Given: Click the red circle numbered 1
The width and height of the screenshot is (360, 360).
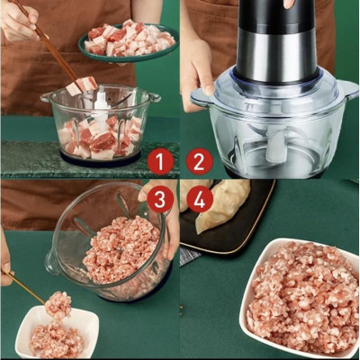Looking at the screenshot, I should (159, 162).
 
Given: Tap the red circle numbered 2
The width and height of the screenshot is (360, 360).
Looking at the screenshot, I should (200, 162).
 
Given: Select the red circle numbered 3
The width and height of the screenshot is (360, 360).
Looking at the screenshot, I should (159, 199).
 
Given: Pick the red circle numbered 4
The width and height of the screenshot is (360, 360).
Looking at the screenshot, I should (200, 199).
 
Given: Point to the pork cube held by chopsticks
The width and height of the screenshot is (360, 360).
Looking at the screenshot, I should (86, 85).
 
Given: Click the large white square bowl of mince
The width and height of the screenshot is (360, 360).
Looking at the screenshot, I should (301, 297).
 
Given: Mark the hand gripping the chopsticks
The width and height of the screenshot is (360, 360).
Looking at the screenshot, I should (18, 18).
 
